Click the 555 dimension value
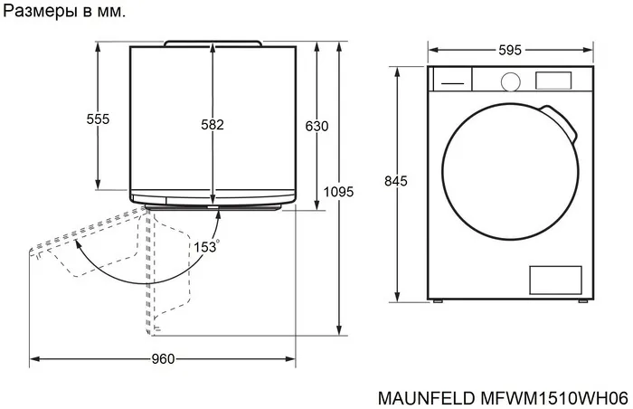(x=98, y=119)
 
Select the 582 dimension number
(x=212, y=125)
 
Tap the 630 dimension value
(x=316, y=126)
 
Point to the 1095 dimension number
(x=338, y=192)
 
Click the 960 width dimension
(x=163, y=359)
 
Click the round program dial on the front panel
(x=510, y=81)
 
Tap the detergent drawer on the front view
(x=450, y=80)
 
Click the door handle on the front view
(x=562, y=122)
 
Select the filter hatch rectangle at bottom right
(x=555, y=279)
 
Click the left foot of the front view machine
(x=439, y=300)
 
